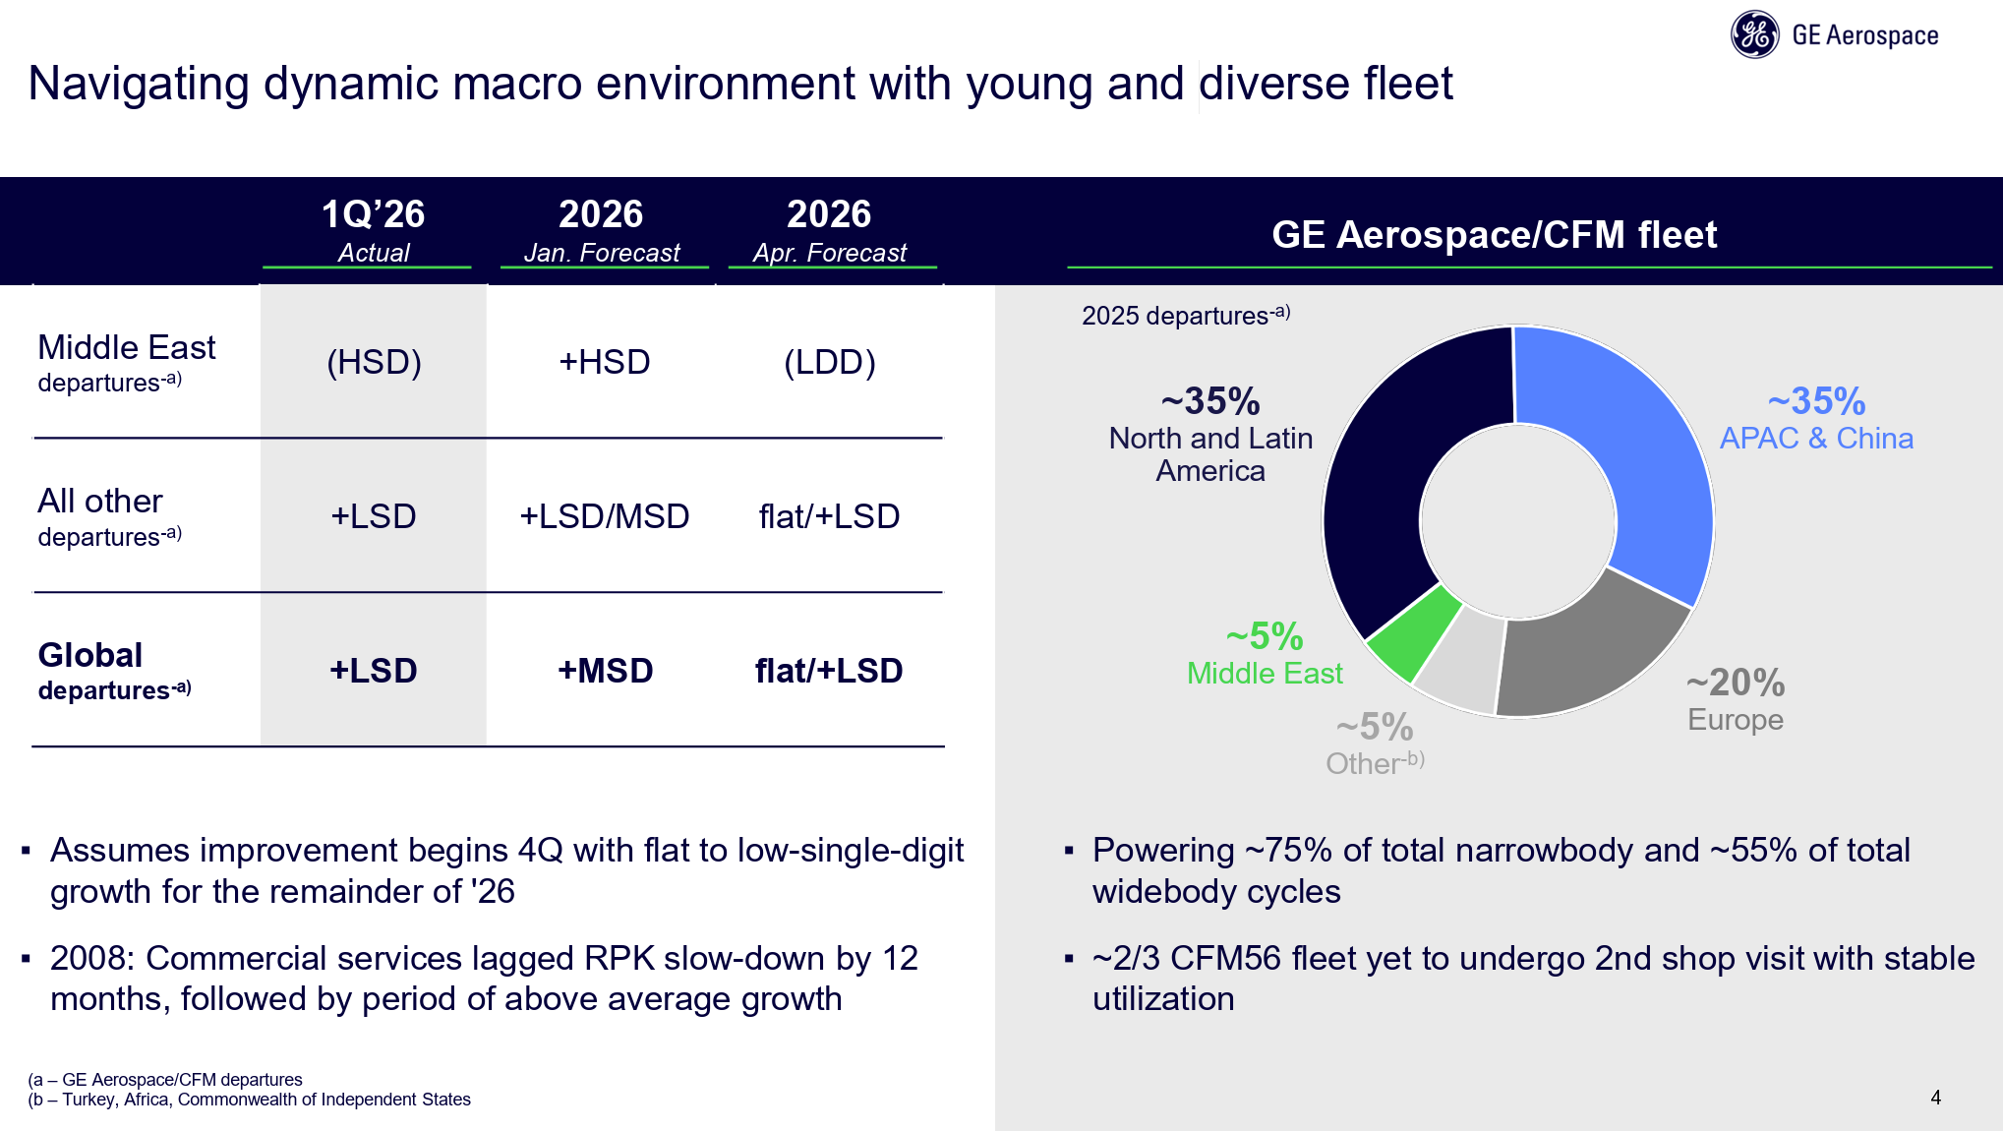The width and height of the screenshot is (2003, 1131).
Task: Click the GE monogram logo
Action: tap(1755, 35)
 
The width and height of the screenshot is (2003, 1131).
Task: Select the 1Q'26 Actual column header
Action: tap(374, 229)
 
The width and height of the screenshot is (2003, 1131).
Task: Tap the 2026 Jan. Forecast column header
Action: tap(602, 229)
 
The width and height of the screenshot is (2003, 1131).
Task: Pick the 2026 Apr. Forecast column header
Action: tap(830, 229)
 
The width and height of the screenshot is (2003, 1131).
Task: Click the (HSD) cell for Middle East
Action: tap(374, 362)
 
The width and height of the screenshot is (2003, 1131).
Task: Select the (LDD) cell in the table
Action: tap(830, 362)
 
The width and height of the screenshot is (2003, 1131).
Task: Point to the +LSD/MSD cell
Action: tap(605, 516)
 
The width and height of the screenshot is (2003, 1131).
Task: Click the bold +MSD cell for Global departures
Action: tap(606, 671)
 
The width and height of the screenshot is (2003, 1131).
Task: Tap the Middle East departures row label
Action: tap(126, 363)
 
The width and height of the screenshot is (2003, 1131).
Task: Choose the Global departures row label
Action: tap(114, 671)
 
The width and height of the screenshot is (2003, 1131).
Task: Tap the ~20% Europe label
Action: tap(1737, 699)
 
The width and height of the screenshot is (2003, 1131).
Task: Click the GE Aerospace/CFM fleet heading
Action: tap(1494, 235)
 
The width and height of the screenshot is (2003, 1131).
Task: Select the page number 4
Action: tap(1936, 1098)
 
